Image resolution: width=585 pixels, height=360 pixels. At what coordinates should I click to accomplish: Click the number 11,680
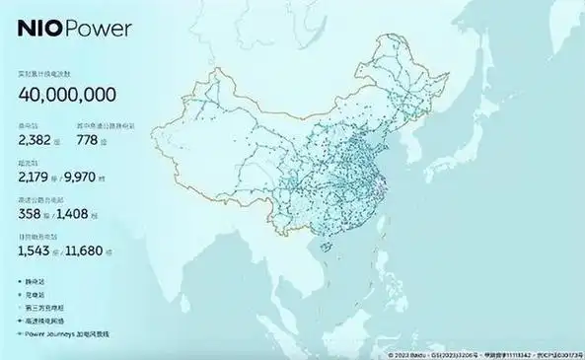95,252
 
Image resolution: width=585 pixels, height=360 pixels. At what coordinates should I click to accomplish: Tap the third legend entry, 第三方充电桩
44,308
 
